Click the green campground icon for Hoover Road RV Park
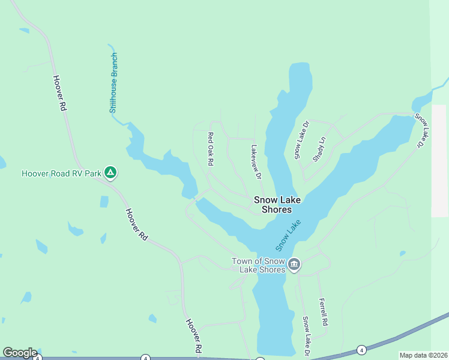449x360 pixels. tap(110, 173)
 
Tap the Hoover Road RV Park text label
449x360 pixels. tap(61, 174)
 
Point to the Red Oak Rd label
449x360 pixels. tap(211, 149)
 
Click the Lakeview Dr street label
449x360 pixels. tap(256, 161)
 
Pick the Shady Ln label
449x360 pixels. tap(319, 149)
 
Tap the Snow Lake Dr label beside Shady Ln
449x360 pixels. tap(301, 140)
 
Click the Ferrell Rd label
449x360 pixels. tap(324, 311)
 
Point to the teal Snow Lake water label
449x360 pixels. tap(288, 235)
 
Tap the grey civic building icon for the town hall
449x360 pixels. tap(294, 265)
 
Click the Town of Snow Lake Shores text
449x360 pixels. tap(259, 265)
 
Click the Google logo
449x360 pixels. tap(20, 353)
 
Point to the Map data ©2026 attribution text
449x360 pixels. tap(423, 355)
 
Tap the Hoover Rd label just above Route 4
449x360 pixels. tap(193, 336)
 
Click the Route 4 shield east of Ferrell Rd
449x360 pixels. tap(361, 350)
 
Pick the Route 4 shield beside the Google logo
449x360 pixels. tap(37, 358)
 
